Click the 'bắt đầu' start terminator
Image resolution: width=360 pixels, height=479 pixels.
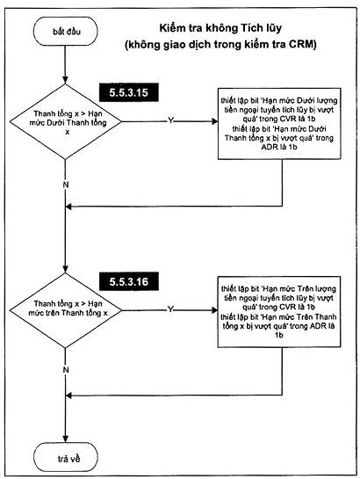(65, 32)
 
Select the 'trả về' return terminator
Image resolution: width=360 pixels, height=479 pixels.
(66, 457)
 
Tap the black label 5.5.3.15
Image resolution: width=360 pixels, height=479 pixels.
(128, 92)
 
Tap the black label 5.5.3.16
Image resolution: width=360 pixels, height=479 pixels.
(128, 281)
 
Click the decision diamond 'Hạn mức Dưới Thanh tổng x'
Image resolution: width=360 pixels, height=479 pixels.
(66, 121)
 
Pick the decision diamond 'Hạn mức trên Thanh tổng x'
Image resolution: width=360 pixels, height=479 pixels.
(66, 310)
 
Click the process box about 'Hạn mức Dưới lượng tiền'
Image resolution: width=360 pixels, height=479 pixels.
(279, 124)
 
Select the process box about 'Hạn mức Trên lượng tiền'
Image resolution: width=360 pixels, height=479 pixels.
(279, 312)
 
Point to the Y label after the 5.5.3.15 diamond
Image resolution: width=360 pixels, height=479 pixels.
(170, 120)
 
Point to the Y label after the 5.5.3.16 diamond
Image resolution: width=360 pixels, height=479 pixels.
(170, 309)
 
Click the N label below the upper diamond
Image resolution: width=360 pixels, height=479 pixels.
(66, 185)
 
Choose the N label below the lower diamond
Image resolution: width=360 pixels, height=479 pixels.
(66, 370)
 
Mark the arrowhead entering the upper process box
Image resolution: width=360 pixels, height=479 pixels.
(215, 121)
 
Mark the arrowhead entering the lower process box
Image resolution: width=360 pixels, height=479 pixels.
(215, 310)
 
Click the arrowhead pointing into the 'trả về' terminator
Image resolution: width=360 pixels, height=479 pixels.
(66, 439)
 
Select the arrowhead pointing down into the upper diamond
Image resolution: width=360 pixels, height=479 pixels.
(65, 80)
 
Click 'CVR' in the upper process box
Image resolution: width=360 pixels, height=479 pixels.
(287, 119)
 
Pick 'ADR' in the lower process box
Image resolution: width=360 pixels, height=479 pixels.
(318, 326)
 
